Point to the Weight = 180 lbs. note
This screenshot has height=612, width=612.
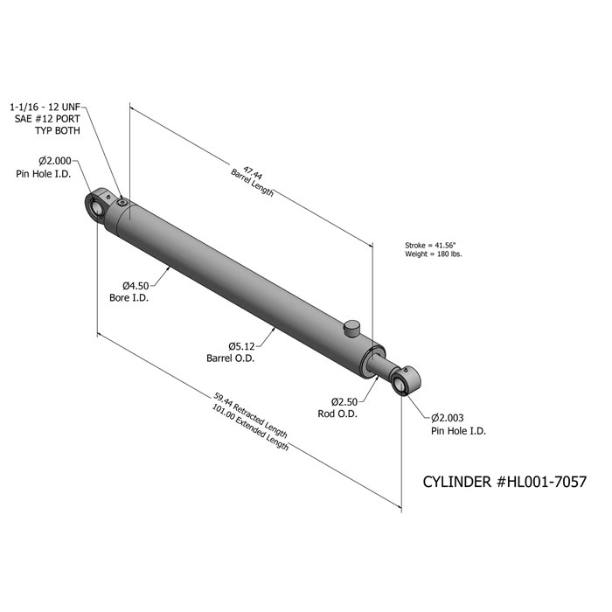tap(434, 254)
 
